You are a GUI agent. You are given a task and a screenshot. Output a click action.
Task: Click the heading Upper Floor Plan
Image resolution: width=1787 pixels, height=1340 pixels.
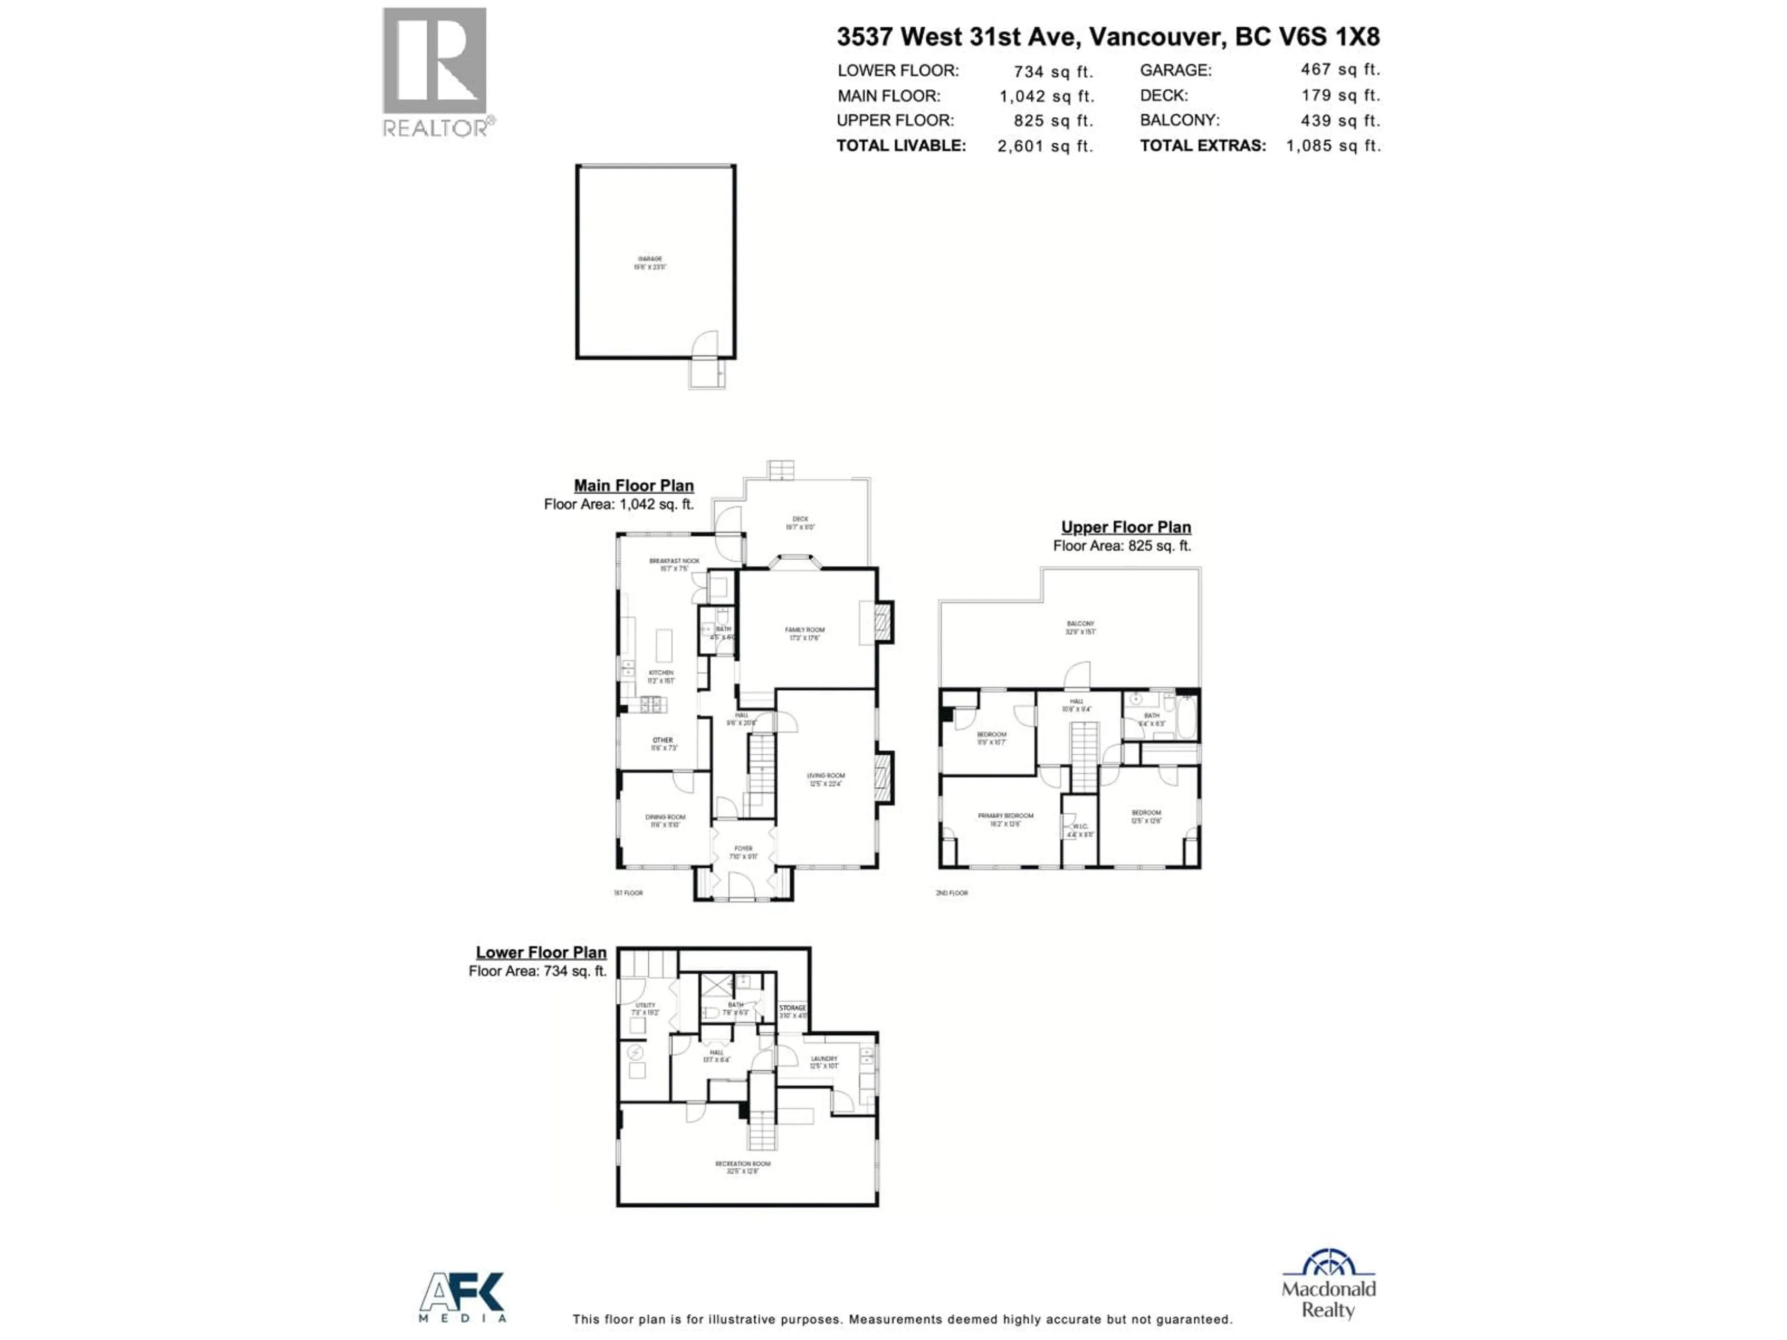click(1125, 527)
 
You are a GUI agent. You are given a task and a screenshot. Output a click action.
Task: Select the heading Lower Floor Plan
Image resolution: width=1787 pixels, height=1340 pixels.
click(540, 952)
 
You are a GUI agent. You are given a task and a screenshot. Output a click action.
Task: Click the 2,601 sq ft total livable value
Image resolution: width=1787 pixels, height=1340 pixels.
click(1045, 146)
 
